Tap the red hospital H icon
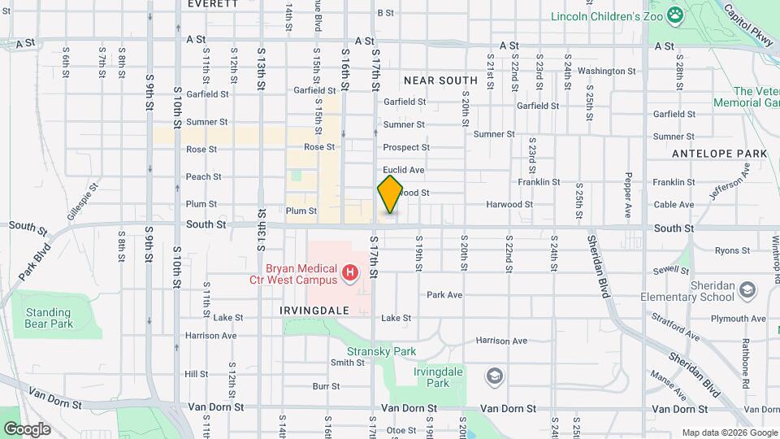[350, 273]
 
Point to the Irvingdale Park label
[431, 377]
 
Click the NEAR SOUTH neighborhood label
[440, 80]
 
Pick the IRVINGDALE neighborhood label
[314, 311]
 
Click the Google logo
[27, 428]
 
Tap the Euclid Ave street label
[404, 170]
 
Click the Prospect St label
[406, 147]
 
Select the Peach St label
[203, 176]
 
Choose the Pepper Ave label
[628, 195]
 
